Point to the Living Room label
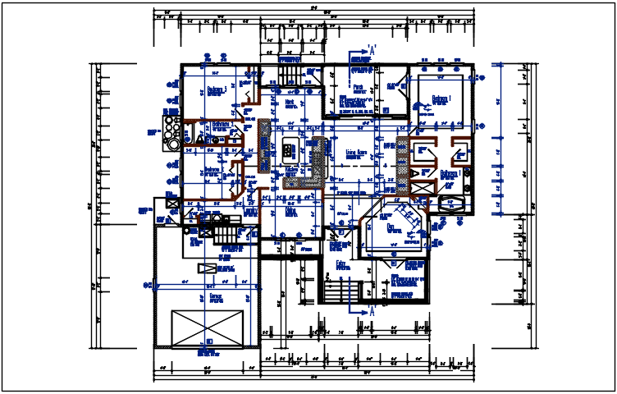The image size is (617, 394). coord(356,152)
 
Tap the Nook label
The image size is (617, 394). coord(290,103)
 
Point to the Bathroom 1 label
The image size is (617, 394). coord(448,173)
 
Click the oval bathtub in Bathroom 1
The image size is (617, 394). coord(454,205)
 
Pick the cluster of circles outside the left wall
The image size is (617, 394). coord(172,132)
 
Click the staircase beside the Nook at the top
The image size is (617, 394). coord(290,75)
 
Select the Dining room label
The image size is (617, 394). coord(290,211)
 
